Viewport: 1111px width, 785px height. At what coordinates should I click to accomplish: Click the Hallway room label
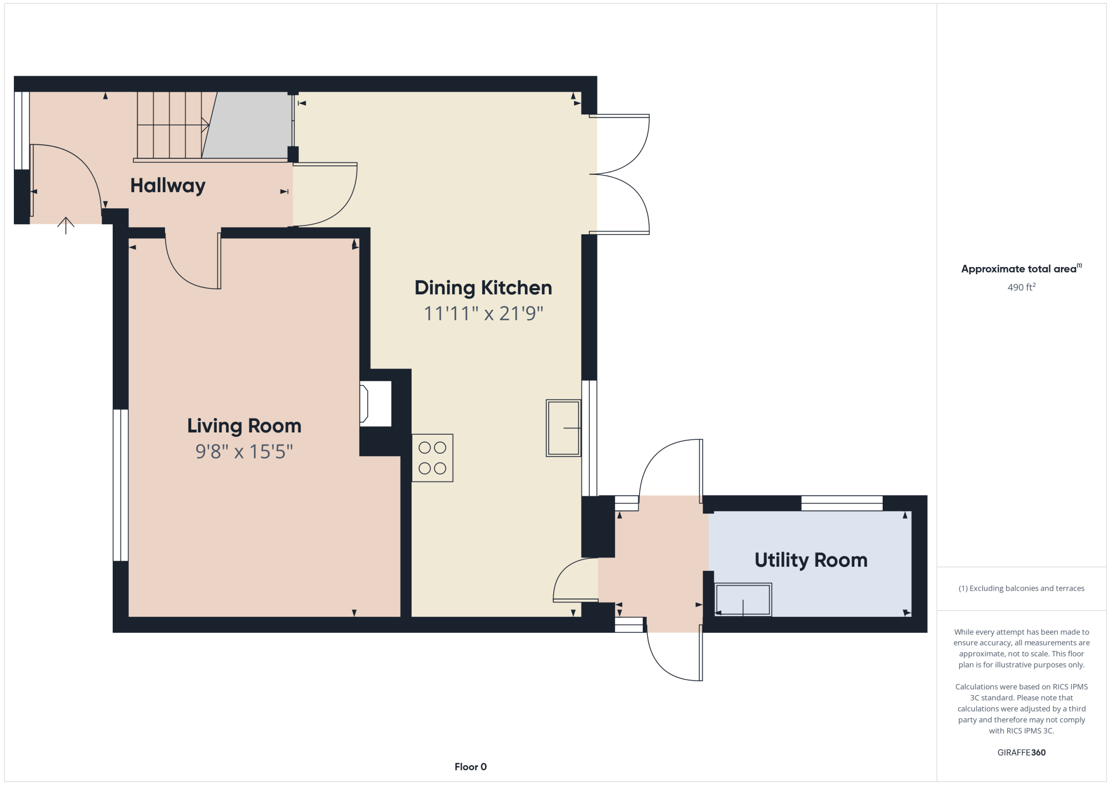point(168,186)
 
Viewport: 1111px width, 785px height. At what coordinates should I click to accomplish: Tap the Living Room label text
point(244,426)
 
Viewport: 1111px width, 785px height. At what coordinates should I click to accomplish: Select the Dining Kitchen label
point(483,288)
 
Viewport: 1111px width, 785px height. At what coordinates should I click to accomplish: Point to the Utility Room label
point(811,560)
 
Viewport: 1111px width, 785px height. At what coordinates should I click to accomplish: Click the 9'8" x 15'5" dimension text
point(244,452)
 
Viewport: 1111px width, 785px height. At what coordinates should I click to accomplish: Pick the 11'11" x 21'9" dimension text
point(483,314)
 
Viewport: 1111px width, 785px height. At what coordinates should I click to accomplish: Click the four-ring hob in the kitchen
point(432,458)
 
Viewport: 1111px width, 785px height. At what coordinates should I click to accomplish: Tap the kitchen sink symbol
point(563,428)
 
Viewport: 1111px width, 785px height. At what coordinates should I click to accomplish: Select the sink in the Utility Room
point(743,600)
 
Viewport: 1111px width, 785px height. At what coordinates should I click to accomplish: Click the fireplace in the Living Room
point(376,404)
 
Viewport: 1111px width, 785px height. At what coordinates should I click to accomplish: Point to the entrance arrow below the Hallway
point(66,225)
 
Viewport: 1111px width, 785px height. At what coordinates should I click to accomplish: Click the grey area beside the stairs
point(248,125)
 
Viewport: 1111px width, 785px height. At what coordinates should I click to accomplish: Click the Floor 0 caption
point(471,767)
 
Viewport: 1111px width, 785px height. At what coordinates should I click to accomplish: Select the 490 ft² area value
point(1022,287)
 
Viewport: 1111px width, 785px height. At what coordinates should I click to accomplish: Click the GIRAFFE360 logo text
point(1022,753)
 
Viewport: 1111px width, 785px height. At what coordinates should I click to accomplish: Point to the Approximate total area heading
point(1022,269)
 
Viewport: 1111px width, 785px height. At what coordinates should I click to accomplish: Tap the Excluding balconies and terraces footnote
point(1022,588)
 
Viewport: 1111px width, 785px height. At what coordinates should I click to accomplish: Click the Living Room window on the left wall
point(121,485)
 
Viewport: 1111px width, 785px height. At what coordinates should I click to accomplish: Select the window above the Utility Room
point(842,503)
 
